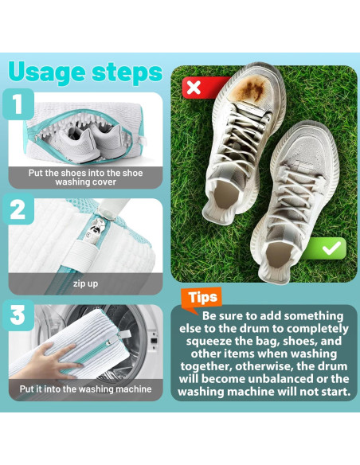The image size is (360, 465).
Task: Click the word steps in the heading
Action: (127, 72)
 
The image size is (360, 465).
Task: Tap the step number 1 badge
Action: (18, 104)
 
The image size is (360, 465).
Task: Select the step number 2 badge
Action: (18, 209)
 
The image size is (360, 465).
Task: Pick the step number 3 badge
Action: (18, 315)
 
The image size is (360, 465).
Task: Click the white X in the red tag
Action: (194, 88)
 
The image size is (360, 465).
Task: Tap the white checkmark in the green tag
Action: (332, 248)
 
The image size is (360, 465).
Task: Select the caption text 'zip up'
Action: (85, 283)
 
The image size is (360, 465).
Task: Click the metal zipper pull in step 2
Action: (92, 232)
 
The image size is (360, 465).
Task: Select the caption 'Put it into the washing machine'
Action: (85, 389)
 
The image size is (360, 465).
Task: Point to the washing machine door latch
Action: (153, 341)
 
